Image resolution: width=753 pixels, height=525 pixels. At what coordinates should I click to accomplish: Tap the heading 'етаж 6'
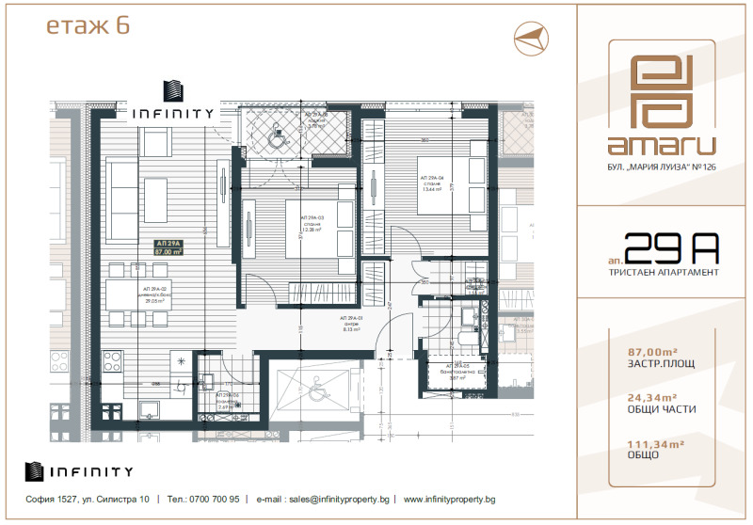click(x=88, y=26)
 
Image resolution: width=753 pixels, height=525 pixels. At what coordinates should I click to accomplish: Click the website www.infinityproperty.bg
click(x=450, y=499)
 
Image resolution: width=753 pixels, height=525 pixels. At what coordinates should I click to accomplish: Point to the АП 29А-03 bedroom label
click(x=312, y=222)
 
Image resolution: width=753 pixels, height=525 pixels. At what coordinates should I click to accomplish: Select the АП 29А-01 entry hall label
click(x=353, y=324)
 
